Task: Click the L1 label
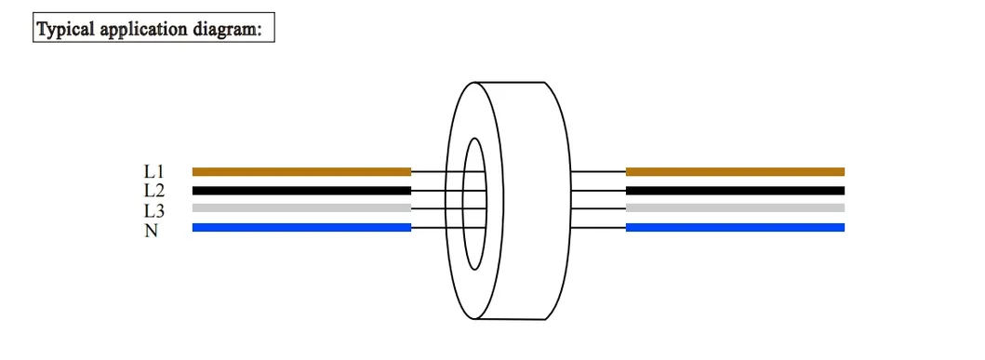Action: pyautogui.click(x=153, y=171)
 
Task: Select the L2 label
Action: pyautogui.click(x=153, y=191)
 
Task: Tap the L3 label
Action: pyautogui.click(x=153, y=210)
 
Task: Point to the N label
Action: pyautogui.click(x=151, y=230)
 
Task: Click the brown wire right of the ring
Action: pyautogui.click(x=735, y=171)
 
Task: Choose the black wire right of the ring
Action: pyautogui.click(x=735, y=191)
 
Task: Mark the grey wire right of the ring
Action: pyautogui.click(x=735, y=208)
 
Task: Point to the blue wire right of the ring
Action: pyautogui.click(x=735, y=227)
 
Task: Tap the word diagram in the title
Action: pyautogui.click(x=231, y=29)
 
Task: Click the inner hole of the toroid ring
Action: pyautogui.click(x=475, y=203)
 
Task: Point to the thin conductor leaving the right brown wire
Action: pyautogui.click(x=598, y=171)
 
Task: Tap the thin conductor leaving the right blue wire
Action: pyautogui.click(x=598, y=227)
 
